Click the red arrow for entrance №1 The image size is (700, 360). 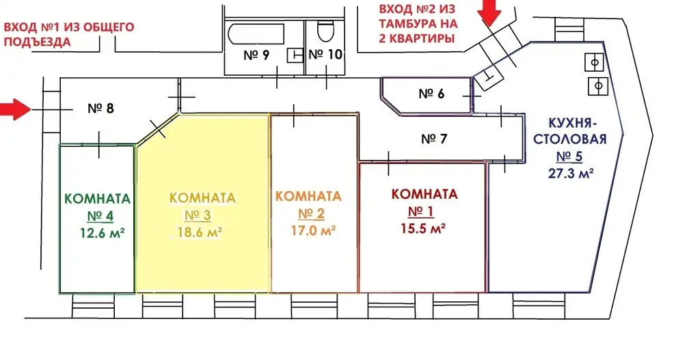tap(14, 109)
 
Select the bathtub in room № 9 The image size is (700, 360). tap(256, 33)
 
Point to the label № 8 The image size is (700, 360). tap(100, 108)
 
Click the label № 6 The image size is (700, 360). tap(432, 94)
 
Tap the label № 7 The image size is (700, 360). tap(434, 139)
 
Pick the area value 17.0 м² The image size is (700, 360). tap(313, 230)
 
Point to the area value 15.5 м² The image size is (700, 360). tap(424, 228)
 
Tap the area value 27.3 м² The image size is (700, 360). tap(571, 173)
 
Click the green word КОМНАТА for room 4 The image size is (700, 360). tap(98, 199)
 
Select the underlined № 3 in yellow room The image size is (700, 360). tap(198, 215)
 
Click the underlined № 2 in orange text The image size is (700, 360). tap(311, 214)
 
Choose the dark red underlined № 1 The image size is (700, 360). tap(421, 211)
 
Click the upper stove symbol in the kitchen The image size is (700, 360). tap(594, 62)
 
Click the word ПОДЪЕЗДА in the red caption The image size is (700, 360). tap(37, 42)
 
